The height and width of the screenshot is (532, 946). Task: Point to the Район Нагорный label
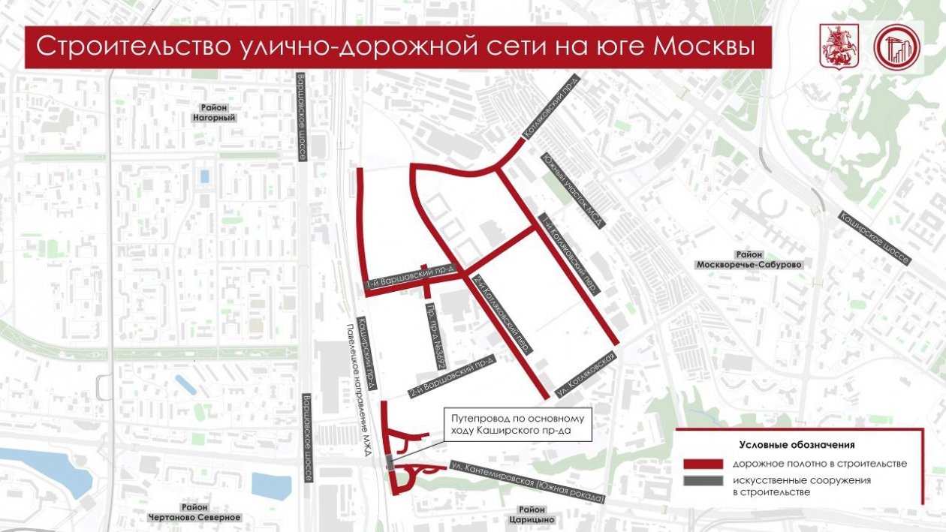point(213,113)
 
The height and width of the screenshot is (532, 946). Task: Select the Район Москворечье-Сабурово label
point(749,260)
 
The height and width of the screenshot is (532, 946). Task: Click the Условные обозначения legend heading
point(797,444)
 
